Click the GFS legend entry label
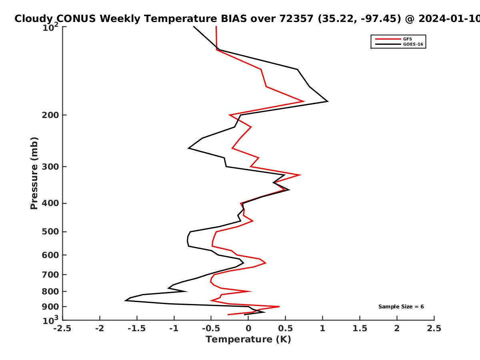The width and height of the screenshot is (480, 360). (x=407, y=39)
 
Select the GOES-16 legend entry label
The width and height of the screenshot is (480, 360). (x=413, y=44)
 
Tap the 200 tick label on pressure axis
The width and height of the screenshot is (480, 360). (x=50, y=115)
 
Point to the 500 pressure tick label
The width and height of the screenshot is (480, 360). (x=50, y=232)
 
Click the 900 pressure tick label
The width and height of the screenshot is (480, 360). (x=50, y=307)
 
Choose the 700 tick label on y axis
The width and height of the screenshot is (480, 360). (x=50, y=275)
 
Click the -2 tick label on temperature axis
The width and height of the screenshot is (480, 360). (x=100, y=328)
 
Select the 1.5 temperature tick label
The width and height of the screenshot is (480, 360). (x=360, y=328)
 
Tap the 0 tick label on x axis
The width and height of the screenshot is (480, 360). (x=248, y=328)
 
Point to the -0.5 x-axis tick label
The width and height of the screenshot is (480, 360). (x=211, y=328)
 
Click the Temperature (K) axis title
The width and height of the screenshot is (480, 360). (x=248, y=340)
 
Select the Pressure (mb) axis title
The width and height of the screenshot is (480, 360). (x=34, y=173)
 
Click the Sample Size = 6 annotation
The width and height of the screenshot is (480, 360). (x=401, y=307)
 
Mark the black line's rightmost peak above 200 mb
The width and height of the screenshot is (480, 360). (x=328, y=101)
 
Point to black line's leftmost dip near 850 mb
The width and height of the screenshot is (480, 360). (x=125, y=301)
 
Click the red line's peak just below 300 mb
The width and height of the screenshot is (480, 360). (x=300, y=175)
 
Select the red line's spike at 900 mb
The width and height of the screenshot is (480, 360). (x=279, y=307)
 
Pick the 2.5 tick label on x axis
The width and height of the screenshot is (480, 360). (x=434, y=328)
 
